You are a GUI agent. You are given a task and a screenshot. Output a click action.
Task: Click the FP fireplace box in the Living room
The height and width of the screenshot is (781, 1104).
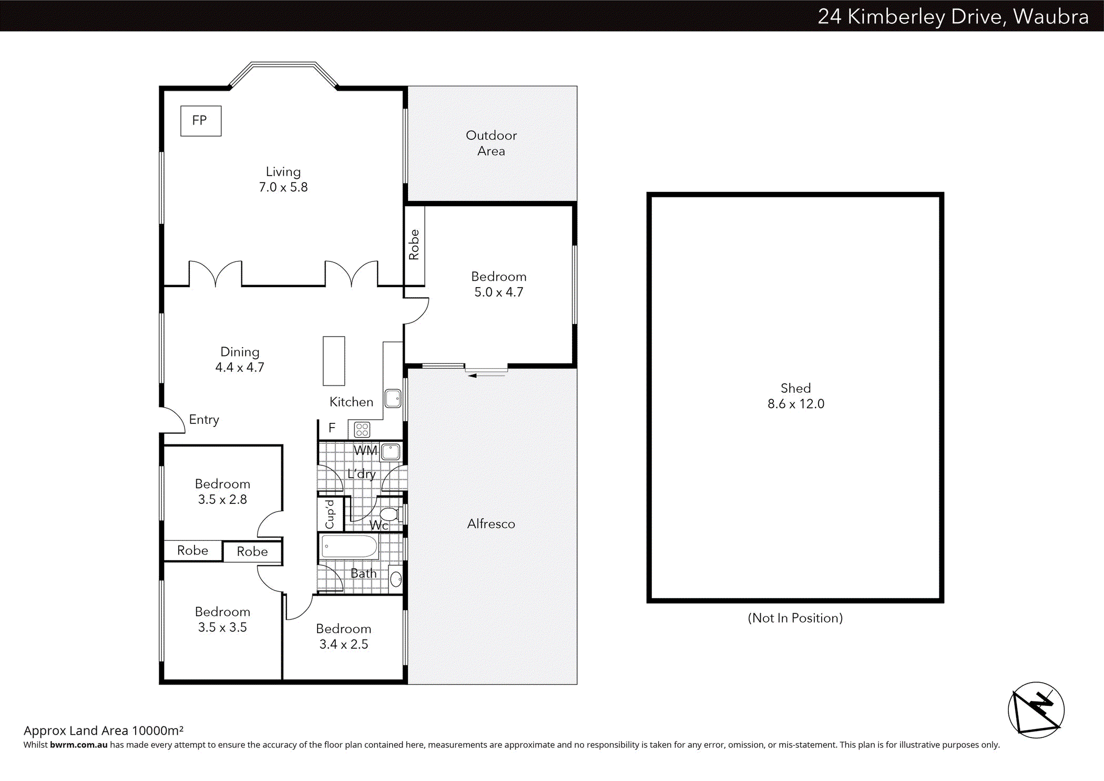(200, 121)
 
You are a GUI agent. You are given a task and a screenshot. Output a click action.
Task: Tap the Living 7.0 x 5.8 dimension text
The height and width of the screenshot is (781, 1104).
(283, 187)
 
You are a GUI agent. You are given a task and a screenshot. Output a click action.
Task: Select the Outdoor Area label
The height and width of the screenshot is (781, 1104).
(491, 143)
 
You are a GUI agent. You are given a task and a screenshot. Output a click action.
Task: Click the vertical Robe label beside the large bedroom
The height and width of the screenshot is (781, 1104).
(414, 245)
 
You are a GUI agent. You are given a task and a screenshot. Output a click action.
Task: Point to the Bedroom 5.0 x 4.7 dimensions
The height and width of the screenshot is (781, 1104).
(498, 292)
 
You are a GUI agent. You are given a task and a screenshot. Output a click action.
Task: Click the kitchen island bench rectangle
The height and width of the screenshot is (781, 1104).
(334, 361)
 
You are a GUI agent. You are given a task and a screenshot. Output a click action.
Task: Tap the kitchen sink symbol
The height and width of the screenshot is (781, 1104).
(393, 398)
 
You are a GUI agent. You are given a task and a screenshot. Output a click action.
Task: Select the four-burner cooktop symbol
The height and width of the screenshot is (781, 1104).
(362, 430)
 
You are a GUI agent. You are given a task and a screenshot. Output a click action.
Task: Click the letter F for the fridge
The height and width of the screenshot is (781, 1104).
(332, 428)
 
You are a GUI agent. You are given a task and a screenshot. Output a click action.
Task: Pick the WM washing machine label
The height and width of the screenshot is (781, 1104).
(365, 451)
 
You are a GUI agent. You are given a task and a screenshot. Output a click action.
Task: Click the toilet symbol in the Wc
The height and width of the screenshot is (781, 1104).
(390, 514)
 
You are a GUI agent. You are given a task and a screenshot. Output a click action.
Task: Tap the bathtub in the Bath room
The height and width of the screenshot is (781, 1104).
(349, 546)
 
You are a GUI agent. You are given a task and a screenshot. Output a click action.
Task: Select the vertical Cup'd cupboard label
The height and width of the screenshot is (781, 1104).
(330, 514)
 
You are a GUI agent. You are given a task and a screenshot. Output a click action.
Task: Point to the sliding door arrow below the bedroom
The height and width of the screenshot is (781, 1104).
(473, 376)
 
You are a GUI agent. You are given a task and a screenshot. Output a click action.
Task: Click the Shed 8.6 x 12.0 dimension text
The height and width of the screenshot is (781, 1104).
(795, 404)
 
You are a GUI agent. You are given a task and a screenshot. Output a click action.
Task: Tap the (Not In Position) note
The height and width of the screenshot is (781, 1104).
(795, 618)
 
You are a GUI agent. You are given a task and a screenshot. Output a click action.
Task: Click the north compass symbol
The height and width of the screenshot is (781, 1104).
(1036, 710)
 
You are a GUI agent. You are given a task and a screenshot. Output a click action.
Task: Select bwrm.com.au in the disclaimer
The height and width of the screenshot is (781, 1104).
(78, 745)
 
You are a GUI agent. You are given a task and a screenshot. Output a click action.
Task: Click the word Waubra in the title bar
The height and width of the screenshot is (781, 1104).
(1050, 17)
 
